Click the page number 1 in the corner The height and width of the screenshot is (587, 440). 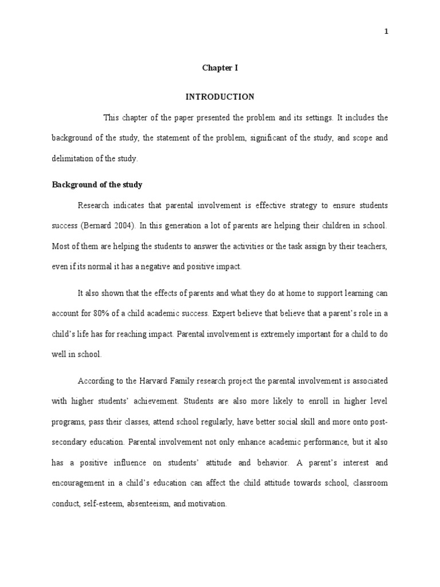386,32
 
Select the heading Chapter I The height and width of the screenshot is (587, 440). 219,68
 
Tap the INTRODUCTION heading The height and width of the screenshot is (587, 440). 219,97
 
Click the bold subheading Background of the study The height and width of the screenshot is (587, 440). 97,185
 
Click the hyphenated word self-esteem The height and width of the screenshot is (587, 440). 108,504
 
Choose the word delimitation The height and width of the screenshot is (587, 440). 73,159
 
